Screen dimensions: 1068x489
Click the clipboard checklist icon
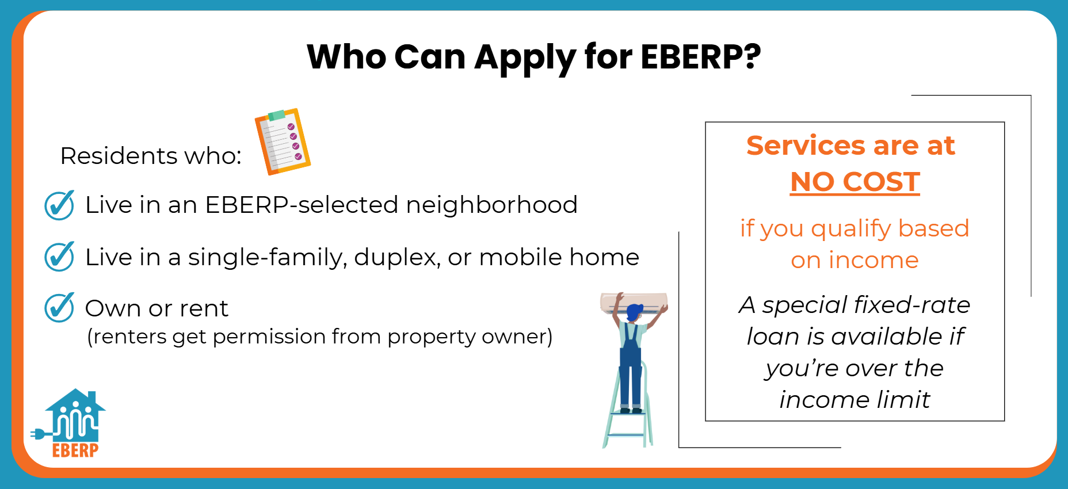click(x=283, y=142)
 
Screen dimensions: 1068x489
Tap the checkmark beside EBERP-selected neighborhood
click(x=59, y=205)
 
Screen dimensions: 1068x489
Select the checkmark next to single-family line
click(x=59, y=257)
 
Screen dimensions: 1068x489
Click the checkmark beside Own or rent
click(x=59, y=307)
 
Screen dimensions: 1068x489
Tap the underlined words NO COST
click(x=855, y=182)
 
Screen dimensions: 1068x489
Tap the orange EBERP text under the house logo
click(x=75, y=450)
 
